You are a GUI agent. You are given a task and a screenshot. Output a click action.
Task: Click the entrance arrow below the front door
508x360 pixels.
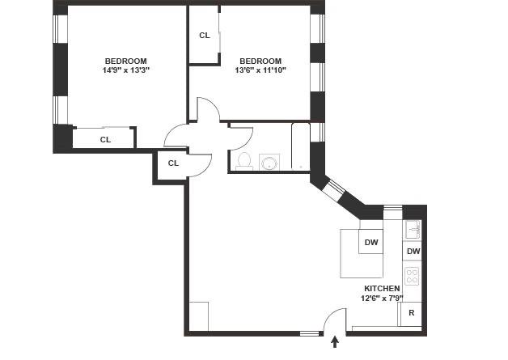(x=335, y=344)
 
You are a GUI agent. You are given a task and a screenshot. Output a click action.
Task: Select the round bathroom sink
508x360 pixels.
(x=269, y=163)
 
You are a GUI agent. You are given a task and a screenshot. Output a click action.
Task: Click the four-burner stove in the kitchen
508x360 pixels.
(x=413, y=277)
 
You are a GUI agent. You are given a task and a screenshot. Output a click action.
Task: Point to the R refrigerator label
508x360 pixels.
(x=412, y=313)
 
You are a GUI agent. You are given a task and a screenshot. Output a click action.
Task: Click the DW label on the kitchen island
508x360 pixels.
(x=371, y=243)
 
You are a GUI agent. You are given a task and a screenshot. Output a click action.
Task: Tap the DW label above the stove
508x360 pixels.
(x=413, y=252)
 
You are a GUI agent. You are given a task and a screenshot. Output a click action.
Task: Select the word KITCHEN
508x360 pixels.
(x=382, y=289)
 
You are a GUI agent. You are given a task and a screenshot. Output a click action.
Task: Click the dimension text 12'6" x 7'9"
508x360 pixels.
(x=382, y=298)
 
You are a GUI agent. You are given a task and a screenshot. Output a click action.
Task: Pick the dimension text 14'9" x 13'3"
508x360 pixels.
(x=125, y=70)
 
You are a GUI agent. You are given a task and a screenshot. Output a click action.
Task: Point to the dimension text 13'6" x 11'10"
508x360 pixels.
(x=260, y=70)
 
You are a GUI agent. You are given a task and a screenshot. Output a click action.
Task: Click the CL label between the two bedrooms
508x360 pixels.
(x=204, y=36)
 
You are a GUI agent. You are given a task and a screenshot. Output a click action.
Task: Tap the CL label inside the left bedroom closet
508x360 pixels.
(x=105, y=139)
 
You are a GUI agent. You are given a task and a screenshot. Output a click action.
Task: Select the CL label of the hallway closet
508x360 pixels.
(x=172, y=163)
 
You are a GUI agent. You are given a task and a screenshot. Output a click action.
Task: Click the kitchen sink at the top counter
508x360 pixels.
(x=413, y=229)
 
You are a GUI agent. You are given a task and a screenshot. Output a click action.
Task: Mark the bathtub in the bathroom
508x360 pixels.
(x=300, y=146)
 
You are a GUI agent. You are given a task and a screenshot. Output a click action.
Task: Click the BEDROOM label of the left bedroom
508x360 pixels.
(x=125, y=61)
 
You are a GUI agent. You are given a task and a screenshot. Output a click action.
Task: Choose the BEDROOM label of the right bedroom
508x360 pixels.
(x=260, y=61)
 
